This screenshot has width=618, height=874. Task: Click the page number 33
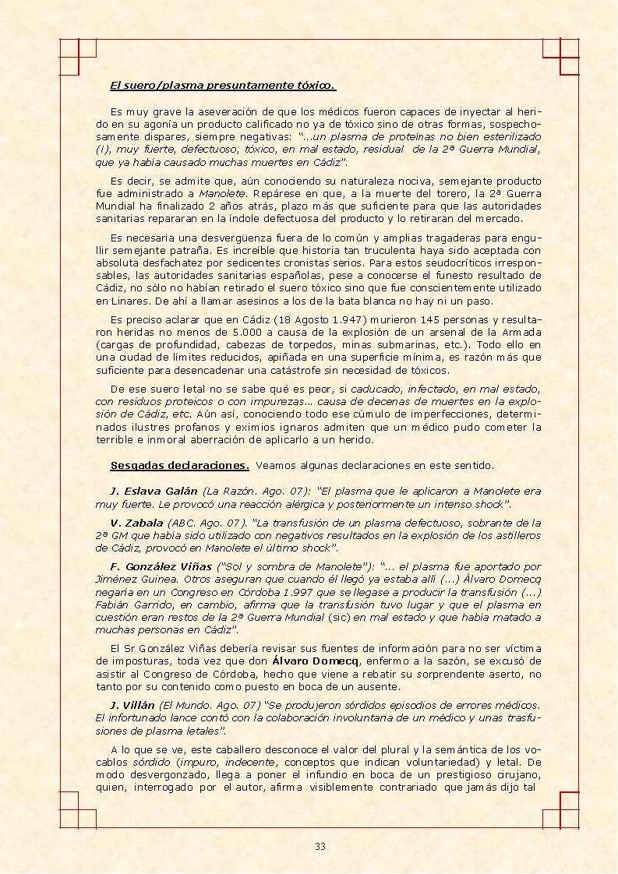(x=320, y=847)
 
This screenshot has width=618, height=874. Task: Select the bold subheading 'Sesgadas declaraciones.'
(x=179, y=466)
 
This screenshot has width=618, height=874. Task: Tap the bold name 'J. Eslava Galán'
(x=154, y=492)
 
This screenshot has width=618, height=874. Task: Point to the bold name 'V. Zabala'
(x=136, y=523)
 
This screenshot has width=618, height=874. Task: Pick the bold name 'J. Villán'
(x=132, y=704)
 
